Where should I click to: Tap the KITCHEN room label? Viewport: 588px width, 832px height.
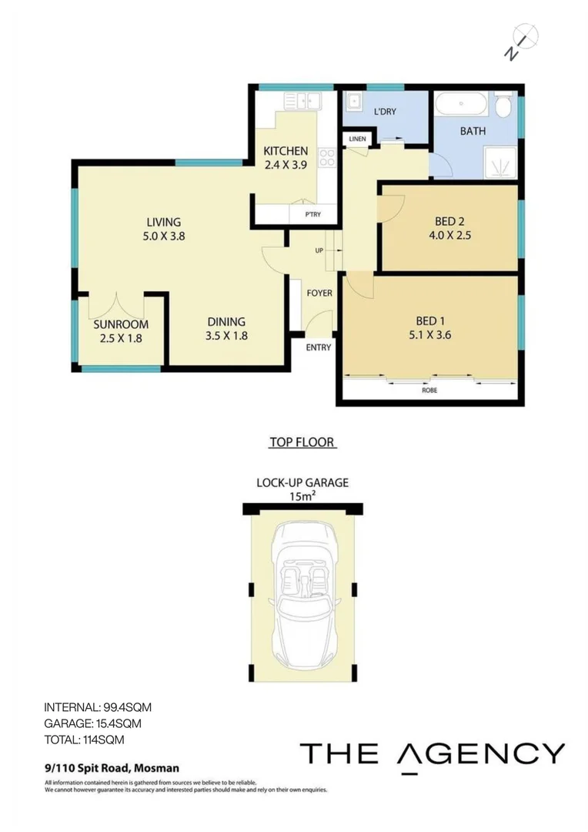point(286,151)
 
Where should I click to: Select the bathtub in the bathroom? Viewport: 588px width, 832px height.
point(461,104)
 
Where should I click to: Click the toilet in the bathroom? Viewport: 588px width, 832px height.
point(505,106)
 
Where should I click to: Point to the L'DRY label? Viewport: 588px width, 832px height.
point(384,111)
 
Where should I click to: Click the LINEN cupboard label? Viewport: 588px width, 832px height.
point(357,139)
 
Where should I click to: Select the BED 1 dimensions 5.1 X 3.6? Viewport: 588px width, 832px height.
point(431,335)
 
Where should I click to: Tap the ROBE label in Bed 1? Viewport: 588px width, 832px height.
point(430,390)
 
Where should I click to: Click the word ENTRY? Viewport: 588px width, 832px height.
point(318,347)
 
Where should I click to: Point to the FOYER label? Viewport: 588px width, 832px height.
point(319,294)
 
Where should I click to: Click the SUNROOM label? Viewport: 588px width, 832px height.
point(121,324)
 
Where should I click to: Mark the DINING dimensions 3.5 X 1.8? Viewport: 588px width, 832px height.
point(226,335)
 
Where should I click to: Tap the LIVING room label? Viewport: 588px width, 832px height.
point(162,223)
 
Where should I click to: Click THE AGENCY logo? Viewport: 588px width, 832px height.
point(432,753)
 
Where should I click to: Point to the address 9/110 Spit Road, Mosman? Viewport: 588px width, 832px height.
point(112,767)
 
